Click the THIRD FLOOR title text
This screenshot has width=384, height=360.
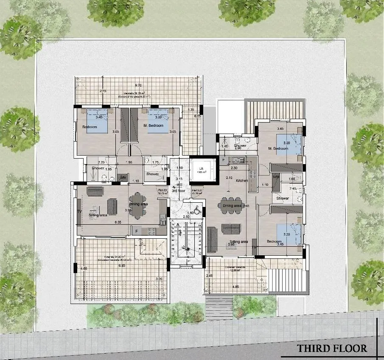point(332,348)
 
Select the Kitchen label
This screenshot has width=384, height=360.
point(242,181)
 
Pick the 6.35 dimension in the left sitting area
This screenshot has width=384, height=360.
point(118,222)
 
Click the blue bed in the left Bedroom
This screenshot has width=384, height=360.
point(98,121)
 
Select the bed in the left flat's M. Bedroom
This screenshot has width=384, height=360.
point(159,121)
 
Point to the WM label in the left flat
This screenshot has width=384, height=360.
point(123,177)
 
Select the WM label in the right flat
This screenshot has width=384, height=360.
point(276,176)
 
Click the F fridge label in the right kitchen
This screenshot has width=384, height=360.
point(224,160)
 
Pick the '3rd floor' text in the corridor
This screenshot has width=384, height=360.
point(179,191)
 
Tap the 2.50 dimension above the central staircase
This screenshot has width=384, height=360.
point(186,217)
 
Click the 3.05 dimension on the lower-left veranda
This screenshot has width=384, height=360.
point(159,279)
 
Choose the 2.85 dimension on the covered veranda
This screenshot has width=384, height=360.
point(209,276)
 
